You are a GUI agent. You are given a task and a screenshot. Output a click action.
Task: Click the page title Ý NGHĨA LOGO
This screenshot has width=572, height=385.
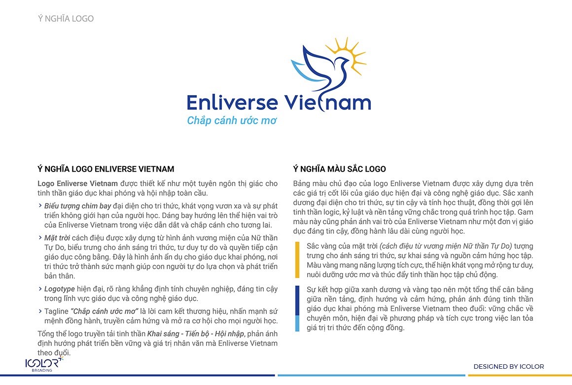tap(66, 19)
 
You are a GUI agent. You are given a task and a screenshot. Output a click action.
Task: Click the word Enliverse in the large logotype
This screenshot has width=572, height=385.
tap(232, 103)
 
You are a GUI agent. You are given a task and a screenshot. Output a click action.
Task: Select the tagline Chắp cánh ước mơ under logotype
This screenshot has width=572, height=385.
tap(232, 120)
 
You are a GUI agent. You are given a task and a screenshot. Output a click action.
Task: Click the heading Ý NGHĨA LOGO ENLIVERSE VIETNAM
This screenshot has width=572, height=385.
tap(106, 169)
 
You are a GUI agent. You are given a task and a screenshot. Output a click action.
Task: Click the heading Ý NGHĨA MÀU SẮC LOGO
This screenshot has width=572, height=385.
tap(339, 169)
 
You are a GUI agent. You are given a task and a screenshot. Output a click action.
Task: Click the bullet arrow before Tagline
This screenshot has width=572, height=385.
tap(40, 311)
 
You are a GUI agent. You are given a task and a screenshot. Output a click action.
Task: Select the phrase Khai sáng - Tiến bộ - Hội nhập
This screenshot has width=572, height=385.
tap(192, 334)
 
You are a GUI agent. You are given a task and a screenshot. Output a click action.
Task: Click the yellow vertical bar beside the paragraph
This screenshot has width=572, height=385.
tap(297, 259)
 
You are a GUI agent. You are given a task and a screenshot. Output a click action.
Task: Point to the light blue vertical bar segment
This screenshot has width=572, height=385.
tap(297, 323)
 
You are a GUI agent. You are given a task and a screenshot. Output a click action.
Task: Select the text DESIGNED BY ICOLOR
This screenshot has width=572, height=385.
tap(508, 366)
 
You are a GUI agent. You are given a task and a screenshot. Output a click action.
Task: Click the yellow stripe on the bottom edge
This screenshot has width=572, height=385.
tap(519, 375)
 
